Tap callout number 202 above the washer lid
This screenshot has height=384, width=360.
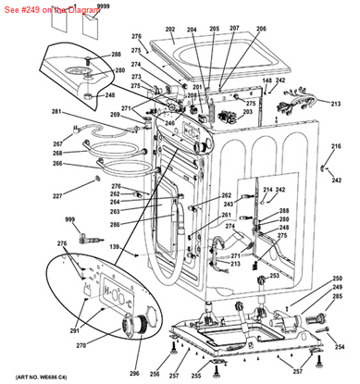170,30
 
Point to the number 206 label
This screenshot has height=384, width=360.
261,30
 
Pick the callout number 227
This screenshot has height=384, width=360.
56,195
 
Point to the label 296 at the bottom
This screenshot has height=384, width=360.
134,372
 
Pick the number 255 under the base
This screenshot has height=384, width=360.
195,376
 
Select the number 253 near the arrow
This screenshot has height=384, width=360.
273,276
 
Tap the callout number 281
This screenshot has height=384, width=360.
56,112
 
